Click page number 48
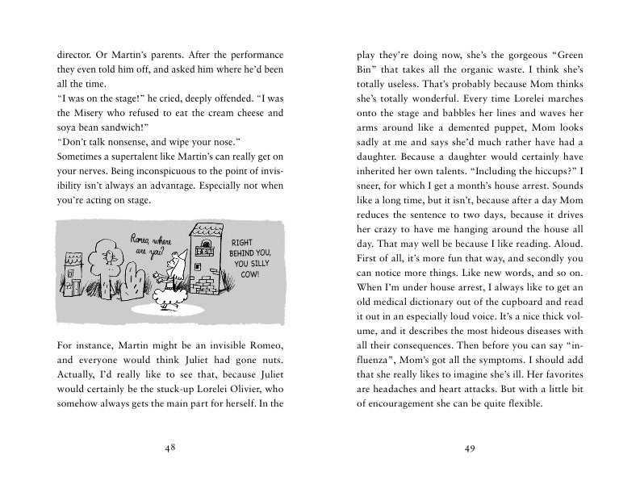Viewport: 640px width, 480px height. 169,449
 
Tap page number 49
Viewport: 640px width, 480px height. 469,449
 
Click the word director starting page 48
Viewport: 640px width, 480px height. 73,55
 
